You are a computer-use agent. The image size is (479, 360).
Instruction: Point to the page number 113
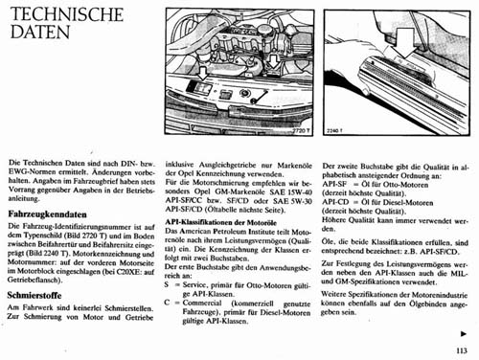(x=463, y=349)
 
